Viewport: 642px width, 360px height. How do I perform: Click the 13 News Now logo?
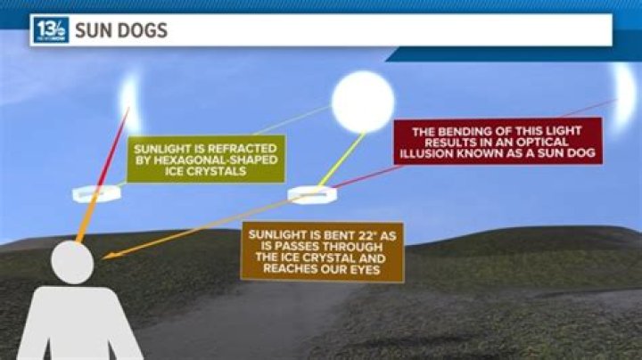(50, 30)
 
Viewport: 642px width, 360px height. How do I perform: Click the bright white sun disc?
(363, 102)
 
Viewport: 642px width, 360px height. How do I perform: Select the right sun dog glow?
(621, 94)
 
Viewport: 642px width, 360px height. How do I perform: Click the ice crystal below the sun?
(312, 193)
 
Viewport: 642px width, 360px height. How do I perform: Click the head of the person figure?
(72, 262)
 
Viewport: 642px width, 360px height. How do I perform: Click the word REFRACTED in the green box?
(241, 149)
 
